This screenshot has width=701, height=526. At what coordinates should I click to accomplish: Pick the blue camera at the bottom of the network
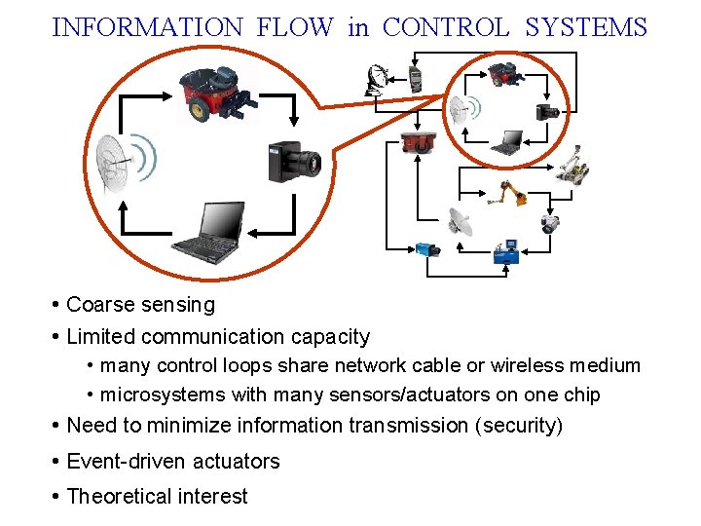428,249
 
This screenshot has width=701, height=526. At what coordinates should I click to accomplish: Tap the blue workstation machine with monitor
506,251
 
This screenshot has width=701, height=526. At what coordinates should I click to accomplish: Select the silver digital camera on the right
552,222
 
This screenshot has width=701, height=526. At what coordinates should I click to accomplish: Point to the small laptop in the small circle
506,144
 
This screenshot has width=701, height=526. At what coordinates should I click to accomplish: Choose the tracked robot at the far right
573,166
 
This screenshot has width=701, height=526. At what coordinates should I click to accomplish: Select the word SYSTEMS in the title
585,27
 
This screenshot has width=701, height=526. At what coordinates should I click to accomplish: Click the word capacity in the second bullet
330,337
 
